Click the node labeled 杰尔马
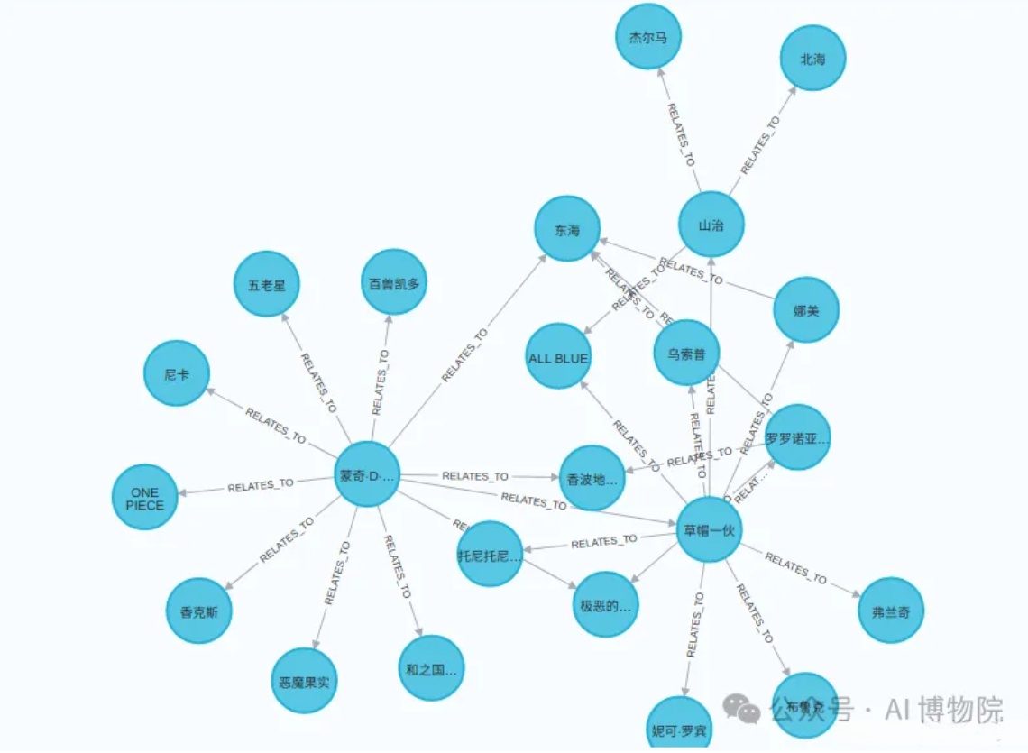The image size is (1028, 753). [x=647, y=38]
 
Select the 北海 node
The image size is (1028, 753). [x=812, y=59]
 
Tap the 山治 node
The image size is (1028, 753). [x=711, y=225]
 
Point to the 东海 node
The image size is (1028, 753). [x=567, y=229]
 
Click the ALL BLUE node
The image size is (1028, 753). [x=558, y=357]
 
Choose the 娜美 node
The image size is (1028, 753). [x=805, y=309]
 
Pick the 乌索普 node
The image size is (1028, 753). [x=686, y=353]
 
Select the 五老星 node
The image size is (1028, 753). [x=267, y=284]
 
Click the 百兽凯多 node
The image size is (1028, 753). [x=393, y=282]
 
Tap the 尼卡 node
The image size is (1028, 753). [x=177, y=372]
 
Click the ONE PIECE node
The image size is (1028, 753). [x=145, y=498]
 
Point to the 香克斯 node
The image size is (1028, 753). [x=199, y=611]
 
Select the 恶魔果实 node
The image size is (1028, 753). [x=304, y=680]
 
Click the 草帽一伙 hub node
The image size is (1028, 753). [x=709, y=529]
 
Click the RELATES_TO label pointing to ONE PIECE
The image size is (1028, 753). [x=261, y=485]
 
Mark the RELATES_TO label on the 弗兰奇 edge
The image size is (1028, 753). [x=795, y=567]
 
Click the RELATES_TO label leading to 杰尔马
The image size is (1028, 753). [x=681, y=133]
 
